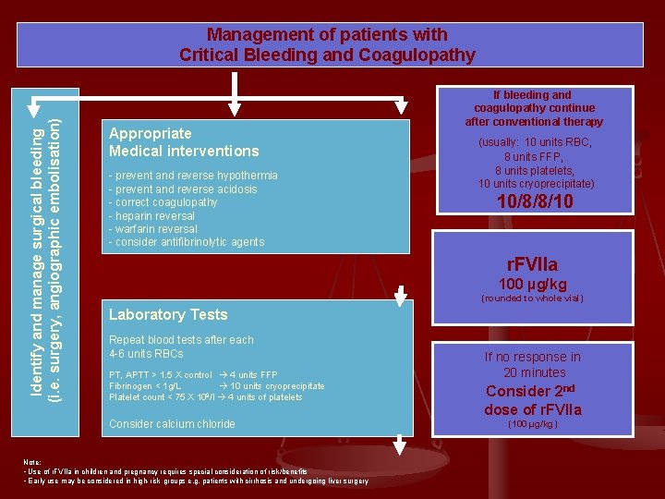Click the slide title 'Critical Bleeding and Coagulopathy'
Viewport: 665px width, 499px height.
coord(327,55)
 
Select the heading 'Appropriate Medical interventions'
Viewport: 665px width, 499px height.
coord(184,142)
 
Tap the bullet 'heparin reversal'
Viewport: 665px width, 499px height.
coord(153,215)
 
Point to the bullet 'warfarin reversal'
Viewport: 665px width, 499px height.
coord(153,229)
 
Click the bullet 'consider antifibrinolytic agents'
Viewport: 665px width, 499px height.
coord(187,242)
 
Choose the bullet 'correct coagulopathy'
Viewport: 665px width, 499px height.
coord(163,202)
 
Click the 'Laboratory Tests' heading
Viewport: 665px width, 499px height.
coord(168,314)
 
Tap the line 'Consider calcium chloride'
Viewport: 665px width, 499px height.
coord(172,424)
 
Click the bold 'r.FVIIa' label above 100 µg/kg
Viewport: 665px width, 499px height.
coord(533,265)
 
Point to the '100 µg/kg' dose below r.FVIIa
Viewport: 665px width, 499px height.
coord(533,284)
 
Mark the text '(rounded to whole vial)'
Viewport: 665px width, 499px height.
coord(532,298)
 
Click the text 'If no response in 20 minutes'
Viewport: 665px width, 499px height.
coord(534,364)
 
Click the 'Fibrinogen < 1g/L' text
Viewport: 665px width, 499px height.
coord(145,386)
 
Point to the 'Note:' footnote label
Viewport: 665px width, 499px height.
coord(32,462)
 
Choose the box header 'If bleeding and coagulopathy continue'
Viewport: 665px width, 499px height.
coord(533,107)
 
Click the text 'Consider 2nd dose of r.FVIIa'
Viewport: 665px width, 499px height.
coord(533,400)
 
